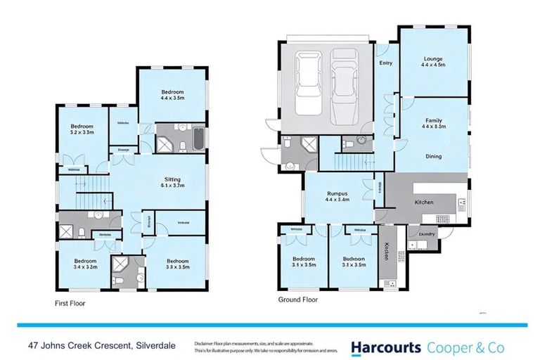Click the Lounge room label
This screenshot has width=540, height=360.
click(x=433, y=59)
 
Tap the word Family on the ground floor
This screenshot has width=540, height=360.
click(x=433, y=120)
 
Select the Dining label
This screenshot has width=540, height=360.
click(x=433, y=156)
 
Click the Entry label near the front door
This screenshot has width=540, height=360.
click(x=385, y=63)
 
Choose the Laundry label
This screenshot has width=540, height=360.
click(x=427, y=234)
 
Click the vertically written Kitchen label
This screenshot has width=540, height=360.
click(x=386, y=252)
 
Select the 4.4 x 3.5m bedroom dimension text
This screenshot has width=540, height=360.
click(x=172, y=98)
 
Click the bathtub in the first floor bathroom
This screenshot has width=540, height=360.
click(x=196, y=139)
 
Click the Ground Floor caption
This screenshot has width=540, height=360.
click(x=298, y=300)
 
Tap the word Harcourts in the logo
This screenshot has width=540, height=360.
click(x=386, y=347)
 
